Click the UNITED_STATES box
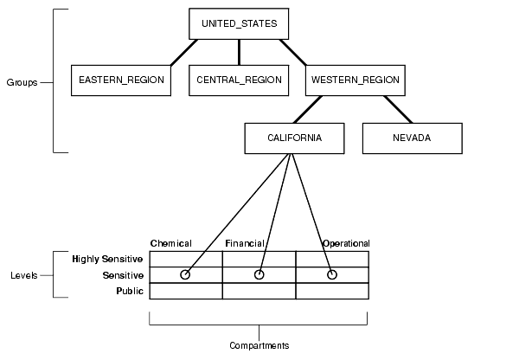click(x=239, y=23)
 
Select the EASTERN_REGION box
click(x=121, y=80)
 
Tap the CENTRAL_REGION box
click(x=239, y=80)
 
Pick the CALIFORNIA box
click(x=295, y=138)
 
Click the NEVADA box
click(x=412, y=138)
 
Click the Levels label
click(x=23, y=275)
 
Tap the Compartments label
click(x=259, y=345)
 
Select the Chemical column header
click(x=170, y=244)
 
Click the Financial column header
click(x=245, y=244)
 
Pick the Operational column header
click(x=345, y=244)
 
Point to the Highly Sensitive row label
click(x=108, y=259)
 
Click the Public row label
click(x=129, y=291)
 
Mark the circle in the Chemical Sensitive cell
click(x=184, y=274)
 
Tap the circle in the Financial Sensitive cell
click(x=259, y=274)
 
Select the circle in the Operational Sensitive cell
click(x=331, y=274)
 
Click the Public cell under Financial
click(x=259, y=291)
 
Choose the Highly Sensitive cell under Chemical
click(x=185, y=259)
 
